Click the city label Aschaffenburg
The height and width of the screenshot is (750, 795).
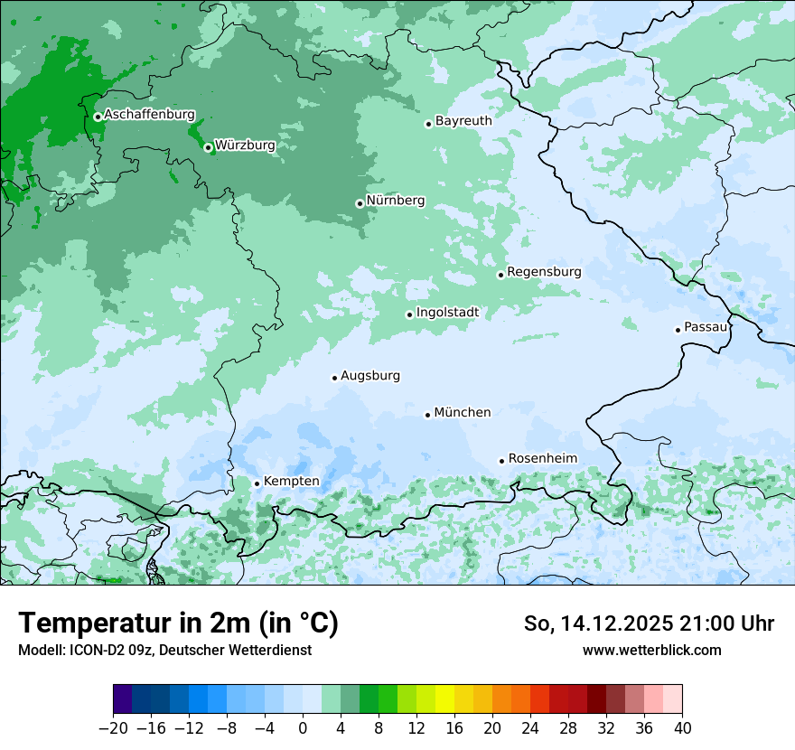(149, 115)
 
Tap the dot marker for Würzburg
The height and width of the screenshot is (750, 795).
(208, 147)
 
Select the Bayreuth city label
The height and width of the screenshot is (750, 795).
(463, 120)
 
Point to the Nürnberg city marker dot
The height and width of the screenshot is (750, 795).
(360, 203)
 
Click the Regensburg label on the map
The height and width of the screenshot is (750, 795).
(544, 271)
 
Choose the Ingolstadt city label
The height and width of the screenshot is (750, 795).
(447, 313)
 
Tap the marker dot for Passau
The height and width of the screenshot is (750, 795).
(678, 330)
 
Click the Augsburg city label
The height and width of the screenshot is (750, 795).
(370, 375)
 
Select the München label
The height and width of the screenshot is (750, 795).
(463, 412)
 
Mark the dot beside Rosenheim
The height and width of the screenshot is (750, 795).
(501, 461)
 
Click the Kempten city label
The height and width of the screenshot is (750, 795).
(291, 481)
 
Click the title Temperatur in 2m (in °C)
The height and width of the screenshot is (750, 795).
(178, 623)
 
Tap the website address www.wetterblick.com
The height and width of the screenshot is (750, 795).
(652, 650)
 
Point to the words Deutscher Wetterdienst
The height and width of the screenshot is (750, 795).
(240, 650)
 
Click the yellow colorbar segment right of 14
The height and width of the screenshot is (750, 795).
(444, 700)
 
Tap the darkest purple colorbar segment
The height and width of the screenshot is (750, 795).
(123, 700)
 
